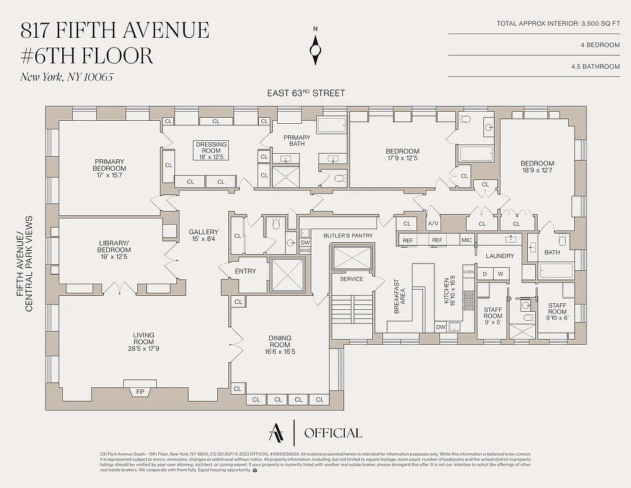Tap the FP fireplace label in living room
[x=140, y=392]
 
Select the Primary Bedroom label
[x=109, y=165]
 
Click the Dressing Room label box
[x=211, y=148]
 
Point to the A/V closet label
[x=433, y=224]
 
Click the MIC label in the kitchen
[x=466, y=240]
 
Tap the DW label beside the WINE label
[x=305, y=242]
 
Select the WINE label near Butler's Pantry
[x=305, y=250]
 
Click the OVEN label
[x=469, y=272]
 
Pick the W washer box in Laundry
[x=500, y=274]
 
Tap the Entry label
[x=245, y=271]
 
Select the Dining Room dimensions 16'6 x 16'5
[x=280, y=351]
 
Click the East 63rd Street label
[x=306, y=93]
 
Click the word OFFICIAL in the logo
[x=333, y=433]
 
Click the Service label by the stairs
[x=352, y=279]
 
